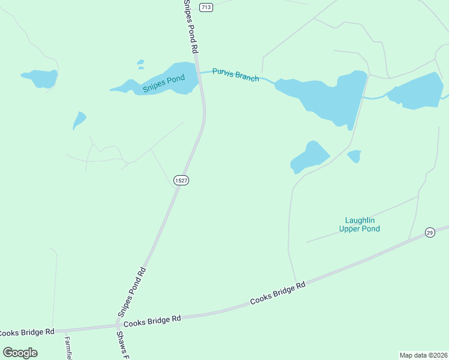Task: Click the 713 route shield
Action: pyautogui.click(x=206, y=7)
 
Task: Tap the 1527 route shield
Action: pyautogui.click(x=181, y=180)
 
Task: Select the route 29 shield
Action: pyautogui.click(x=430, y=233)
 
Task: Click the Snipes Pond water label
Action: pyautogui.click(x=163, y=84)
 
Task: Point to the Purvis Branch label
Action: pyautogui.click(x=236, y=75)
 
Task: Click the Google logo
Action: pyautogui.click(x=20, y=352)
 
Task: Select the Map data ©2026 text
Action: pyautogui.click(x=424, y=355)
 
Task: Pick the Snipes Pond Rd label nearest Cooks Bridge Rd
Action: pyautogui.click(x=131, y=292)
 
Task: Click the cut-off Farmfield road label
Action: pyautogui.click(x=68, y=347)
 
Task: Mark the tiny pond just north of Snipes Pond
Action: pyautogui.click(x=140, y=62)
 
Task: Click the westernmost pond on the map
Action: pyautogui.click(x=40, y=78)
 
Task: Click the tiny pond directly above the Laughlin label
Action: pyautogui.click(x=354, y=156)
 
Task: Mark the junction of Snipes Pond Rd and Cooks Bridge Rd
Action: pyautogui.click(x=118, y=325)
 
